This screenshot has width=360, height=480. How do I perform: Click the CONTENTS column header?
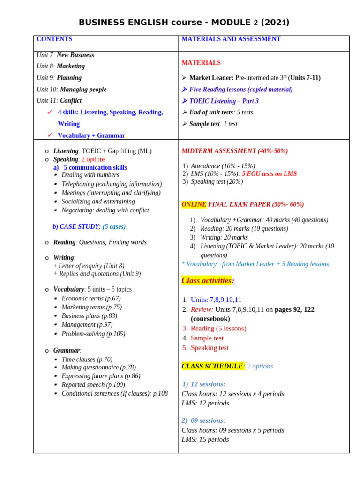54,39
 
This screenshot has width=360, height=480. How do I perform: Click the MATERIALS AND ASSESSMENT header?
231,39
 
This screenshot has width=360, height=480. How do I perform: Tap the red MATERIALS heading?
201,63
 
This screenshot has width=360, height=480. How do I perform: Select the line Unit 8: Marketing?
61,67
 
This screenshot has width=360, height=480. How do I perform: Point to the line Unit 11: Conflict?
59,101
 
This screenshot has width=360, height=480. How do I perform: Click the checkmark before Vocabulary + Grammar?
50,135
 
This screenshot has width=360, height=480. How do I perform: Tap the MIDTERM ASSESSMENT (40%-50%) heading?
235,151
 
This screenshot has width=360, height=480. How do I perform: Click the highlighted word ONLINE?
194,204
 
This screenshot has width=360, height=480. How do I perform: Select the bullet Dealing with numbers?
90,175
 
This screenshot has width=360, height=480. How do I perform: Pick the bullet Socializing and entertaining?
98,202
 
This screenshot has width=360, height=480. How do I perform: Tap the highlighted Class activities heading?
207,281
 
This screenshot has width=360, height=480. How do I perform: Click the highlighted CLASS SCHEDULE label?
212,366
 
